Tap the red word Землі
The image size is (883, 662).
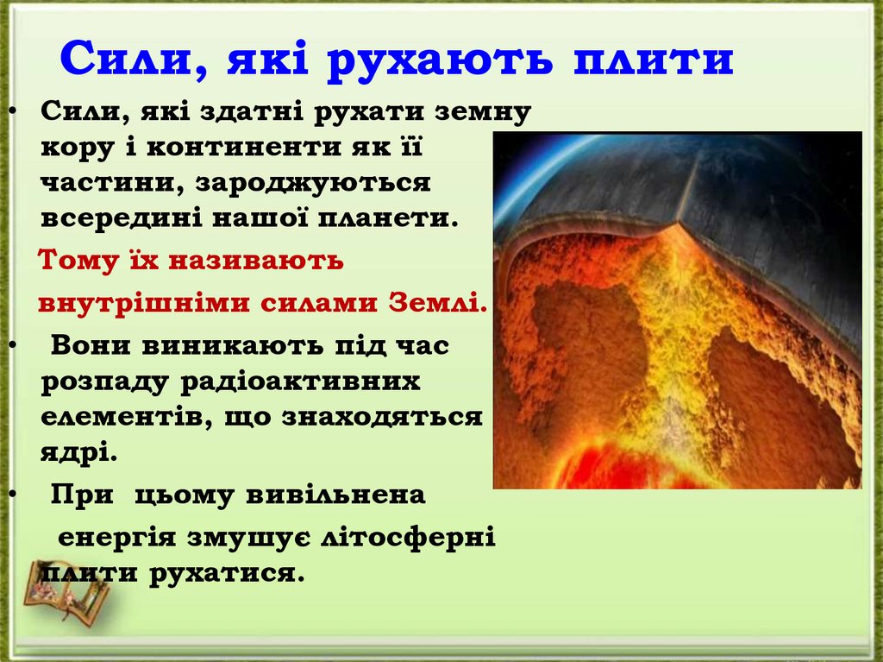coord(436,304)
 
